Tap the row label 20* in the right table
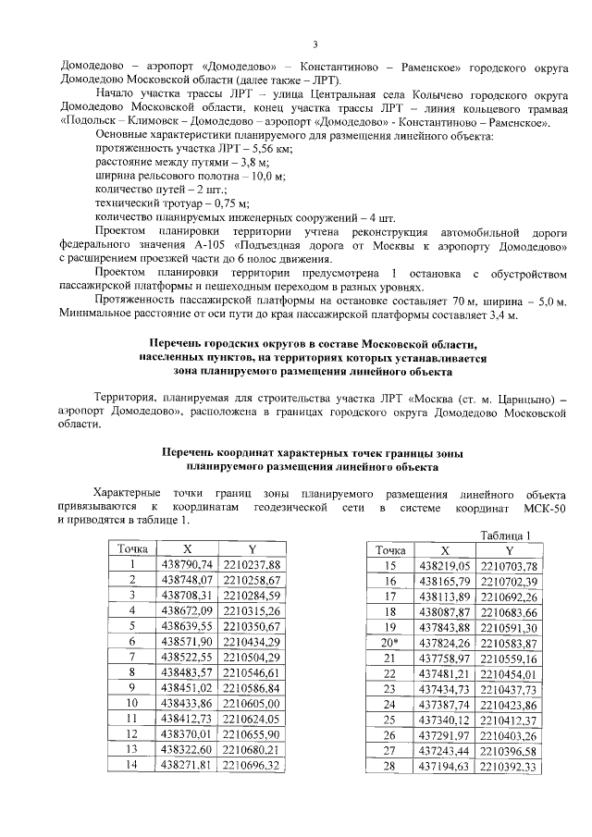[388, 643]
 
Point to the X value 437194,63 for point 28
[445, 767]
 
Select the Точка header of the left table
[133, 549]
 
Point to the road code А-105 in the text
[214, 247]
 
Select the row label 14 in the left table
[133, 766]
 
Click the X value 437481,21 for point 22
[445, 676]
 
